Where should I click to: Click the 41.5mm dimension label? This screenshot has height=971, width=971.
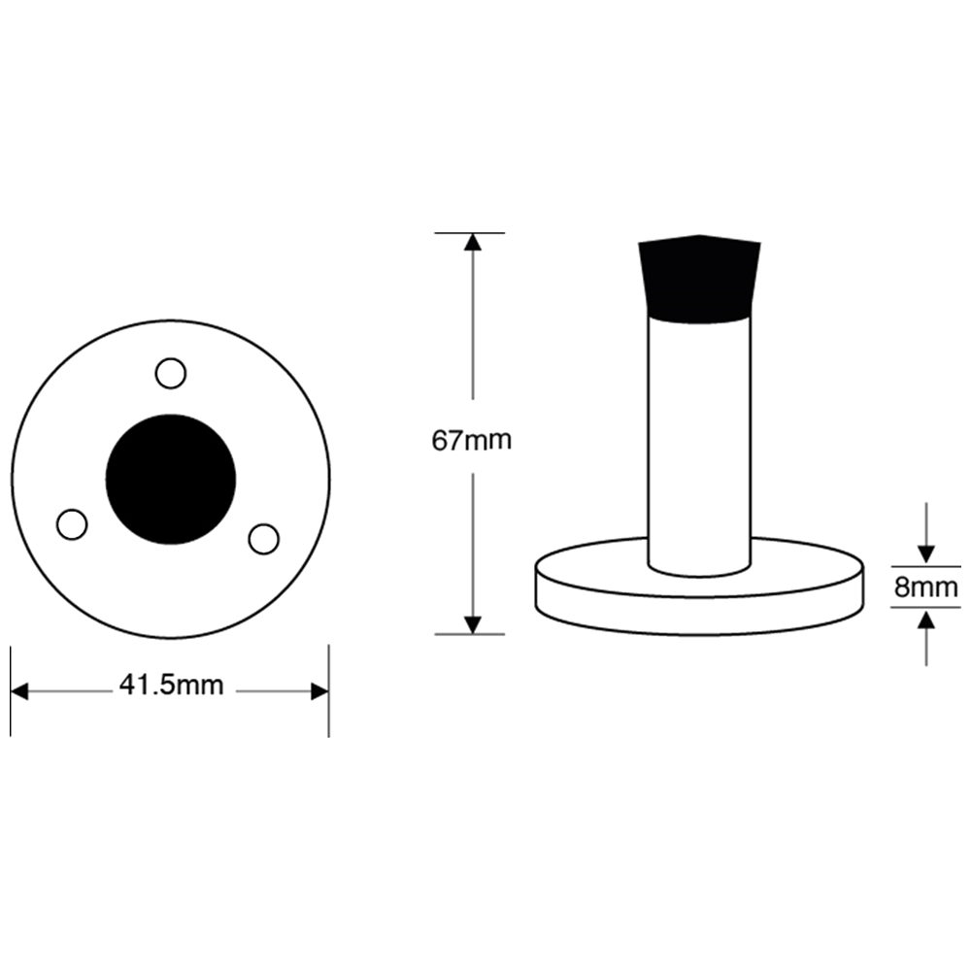172,686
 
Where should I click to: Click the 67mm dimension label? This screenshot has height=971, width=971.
471,440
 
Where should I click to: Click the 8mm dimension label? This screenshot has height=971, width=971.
925,586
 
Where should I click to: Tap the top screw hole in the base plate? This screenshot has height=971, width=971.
170,374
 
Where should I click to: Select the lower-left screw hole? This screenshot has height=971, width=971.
72,524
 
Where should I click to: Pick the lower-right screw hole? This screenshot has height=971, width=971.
264,539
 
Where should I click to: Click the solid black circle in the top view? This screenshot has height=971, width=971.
171,480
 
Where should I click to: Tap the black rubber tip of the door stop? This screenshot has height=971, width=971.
700,279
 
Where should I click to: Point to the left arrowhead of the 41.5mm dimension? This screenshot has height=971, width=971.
19,691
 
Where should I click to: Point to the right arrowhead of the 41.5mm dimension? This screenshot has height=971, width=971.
319,691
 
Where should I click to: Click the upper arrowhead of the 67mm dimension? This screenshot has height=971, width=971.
473,242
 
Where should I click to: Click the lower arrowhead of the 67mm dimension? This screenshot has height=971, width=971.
473,625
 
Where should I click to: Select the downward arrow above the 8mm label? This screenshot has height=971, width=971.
925,533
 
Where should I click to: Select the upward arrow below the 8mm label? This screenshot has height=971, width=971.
925,638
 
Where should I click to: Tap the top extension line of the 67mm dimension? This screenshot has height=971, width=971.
469,233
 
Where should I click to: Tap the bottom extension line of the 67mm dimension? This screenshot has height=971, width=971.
469,634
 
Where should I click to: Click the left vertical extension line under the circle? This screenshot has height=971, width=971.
11,691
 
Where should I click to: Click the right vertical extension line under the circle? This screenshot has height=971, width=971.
329,691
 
